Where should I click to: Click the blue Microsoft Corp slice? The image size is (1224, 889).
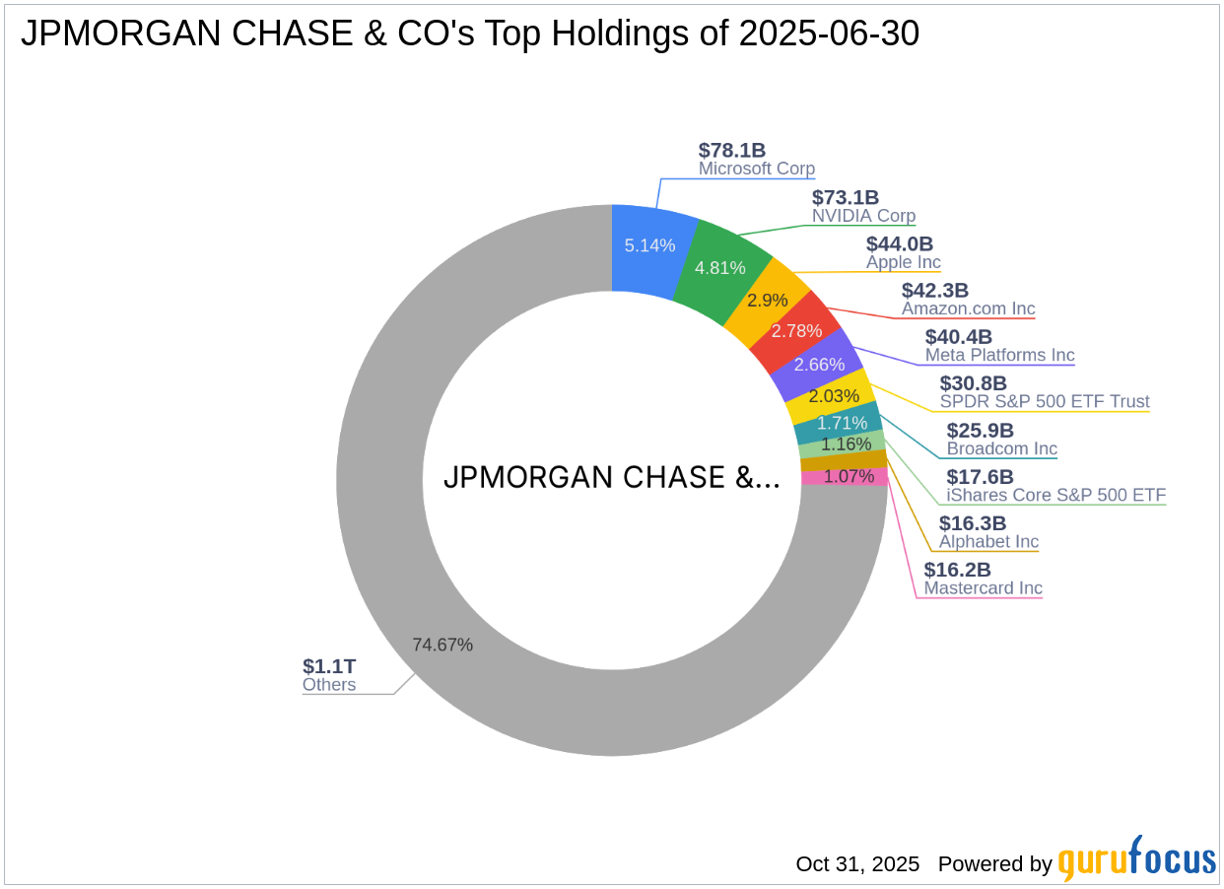(x=649, y=246)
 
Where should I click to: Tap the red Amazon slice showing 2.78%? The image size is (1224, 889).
(x=796, y=330)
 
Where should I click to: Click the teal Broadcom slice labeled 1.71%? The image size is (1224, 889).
(x=840, y=423)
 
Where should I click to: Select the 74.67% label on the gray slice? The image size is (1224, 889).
(x=442, y=645)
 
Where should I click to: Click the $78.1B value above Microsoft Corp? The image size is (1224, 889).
(x=732, y=151)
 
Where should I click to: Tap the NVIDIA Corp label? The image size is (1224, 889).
(x=863, y=216)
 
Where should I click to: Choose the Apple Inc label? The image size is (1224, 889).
(x=904, y=262)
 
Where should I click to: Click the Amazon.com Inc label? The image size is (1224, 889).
(x=969, y=308)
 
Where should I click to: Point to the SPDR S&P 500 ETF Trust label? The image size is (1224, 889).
(x=1045, y=401)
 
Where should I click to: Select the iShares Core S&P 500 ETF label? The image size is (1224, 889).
(x=1056, y=495)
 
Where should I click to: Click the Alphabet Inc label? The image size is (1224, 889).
(x=988, y=541)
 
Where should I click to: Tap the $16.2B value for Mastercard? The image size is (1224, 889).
(x=957, y=570)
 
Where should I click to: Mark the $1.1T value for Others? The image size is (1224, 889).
(x=329, y=666)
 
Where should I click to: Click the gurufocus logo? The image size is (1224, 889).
(x=1137, y=859)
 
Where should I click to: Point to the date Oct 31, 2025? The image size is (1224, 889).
(x=857, y=864)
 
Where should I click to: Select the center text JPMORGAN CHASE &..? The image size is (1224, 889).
(x=611, y=477)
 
